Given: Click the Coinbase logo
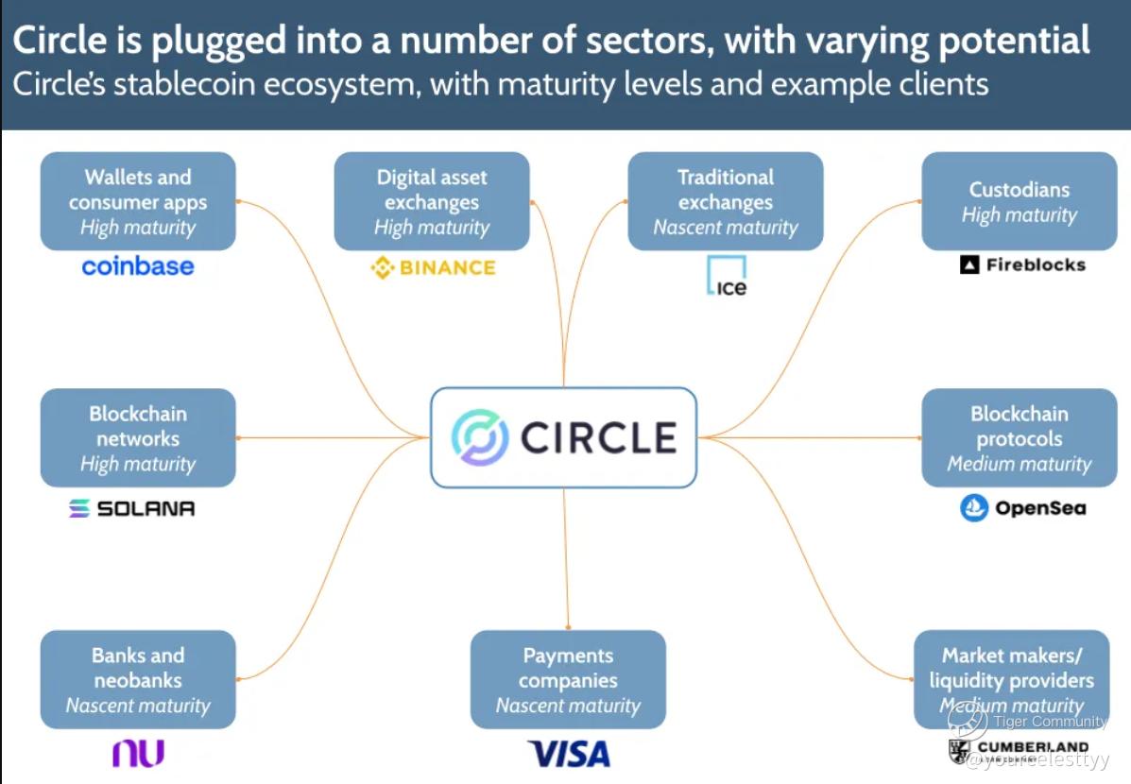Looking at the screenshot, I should pyautogui.click(x=138, y=266).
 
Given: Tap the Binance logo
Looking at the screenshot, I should pyautogui.click(x=433, y=268).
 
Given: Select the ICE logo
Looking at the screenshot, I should pyautogui.click(x=726, y=276).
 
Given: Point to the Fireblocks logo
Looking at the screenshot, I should pyautogui.click(x=1022, y=265).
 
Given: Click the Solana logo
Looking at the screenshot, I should pyautogui.click(x=132, y=508).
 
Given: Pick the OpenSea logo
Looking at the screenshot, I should pyautogui.click(x=1023, y=508).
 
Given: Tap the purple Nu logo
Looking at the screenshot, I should pyautogui.click(x=138, y=753).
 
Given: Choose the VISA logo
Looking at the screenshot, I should pyautogui.click(x=569, y=754).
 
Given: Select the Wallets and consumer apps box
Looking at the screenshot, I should pyautogui.click(x=138, y=201).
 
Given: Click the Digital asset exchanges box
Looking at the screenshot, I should pyautogui.click(x=432, y=201).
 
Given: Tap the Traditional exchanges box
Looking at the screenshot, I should pyautogui.click(x=726, y=201).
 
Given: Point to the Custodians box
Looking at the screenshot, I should pyautogui.click(x=1019, y=201).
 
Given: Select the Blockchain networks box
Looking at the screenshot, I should pyautogui.click(x=138, y=438).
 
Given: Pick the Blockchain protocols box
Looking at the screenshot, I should pyautogui.click(x=1019, y=438).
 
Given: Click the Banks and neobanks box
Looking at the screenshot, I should pyautogui.click(x=138, y=679).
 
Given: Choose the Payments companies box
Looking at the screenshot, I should pyautogui.click(x=568, y=679).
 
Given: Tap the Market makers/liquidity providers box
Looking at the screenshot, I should pyautogui.click(x=1011, y=679).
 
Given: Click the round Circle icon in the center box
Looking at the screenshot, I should pyautogui.click(x=480, y=437).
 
